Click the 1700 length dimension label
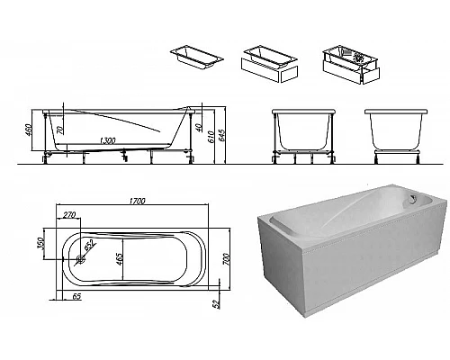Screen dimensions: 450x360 point(137,201)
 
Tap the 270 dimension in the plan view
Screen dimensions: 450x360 point(69,215)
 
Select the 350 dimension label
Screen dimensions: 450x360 point(40,243)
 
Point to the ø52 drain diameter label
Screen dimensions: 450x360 point(90,245)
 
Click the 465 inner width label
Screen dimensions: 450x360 point(119,259)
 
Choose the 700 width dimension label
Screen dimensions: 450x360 point(227,259)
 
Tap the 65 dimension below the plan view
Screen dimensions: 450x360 point(76,296)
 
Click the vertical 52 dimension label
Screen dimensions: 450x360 point(216,304)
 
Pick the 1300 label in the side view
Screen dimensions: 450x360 point(107,140)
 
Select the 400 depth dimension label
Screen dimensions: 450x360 point(30,130)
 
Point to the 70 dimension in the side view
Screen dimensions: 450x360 point(59,130)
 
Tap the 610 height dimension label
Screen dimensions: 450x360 point(211,137)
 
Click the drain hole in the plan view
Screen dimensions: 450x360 point(80,259)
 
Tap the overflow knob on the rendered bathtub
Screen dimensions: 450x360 point(413,199)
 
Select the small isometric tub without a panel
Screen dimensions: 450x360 point(197,58)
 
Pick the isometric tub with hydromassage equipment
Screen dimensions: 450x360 point(351,65)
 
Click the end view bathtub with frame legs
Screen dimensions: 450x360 point(303,137)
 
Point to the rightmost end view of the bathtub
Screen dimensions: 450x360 point(396,137)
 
